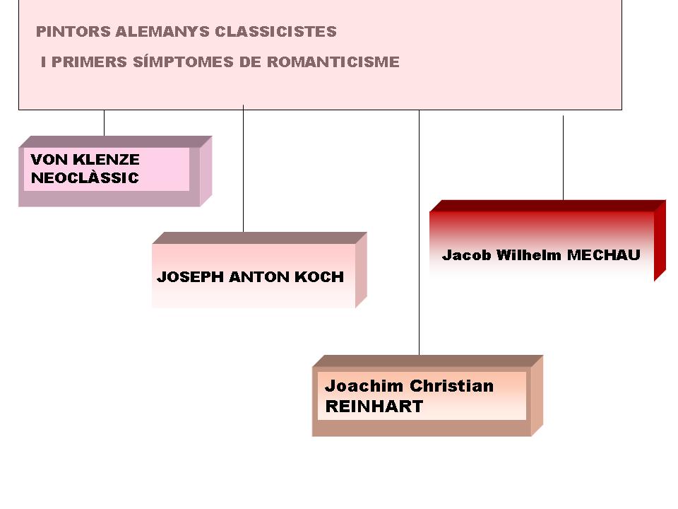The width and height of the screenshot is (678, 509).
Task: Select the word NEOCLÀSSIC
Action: (85, 178)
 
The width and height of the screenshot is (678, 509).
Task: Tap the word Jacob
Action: (466, 255)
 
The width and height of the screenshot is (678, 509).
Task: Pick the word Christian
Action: (451, 387)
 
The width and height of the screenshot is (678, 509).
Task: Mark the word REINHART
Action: (374, 406)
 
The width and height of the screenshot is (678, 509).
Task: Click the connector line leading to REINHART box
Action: (419, 233)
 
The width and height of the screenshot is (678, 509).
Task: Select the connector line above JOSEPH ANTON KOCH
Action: (243, 170)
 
